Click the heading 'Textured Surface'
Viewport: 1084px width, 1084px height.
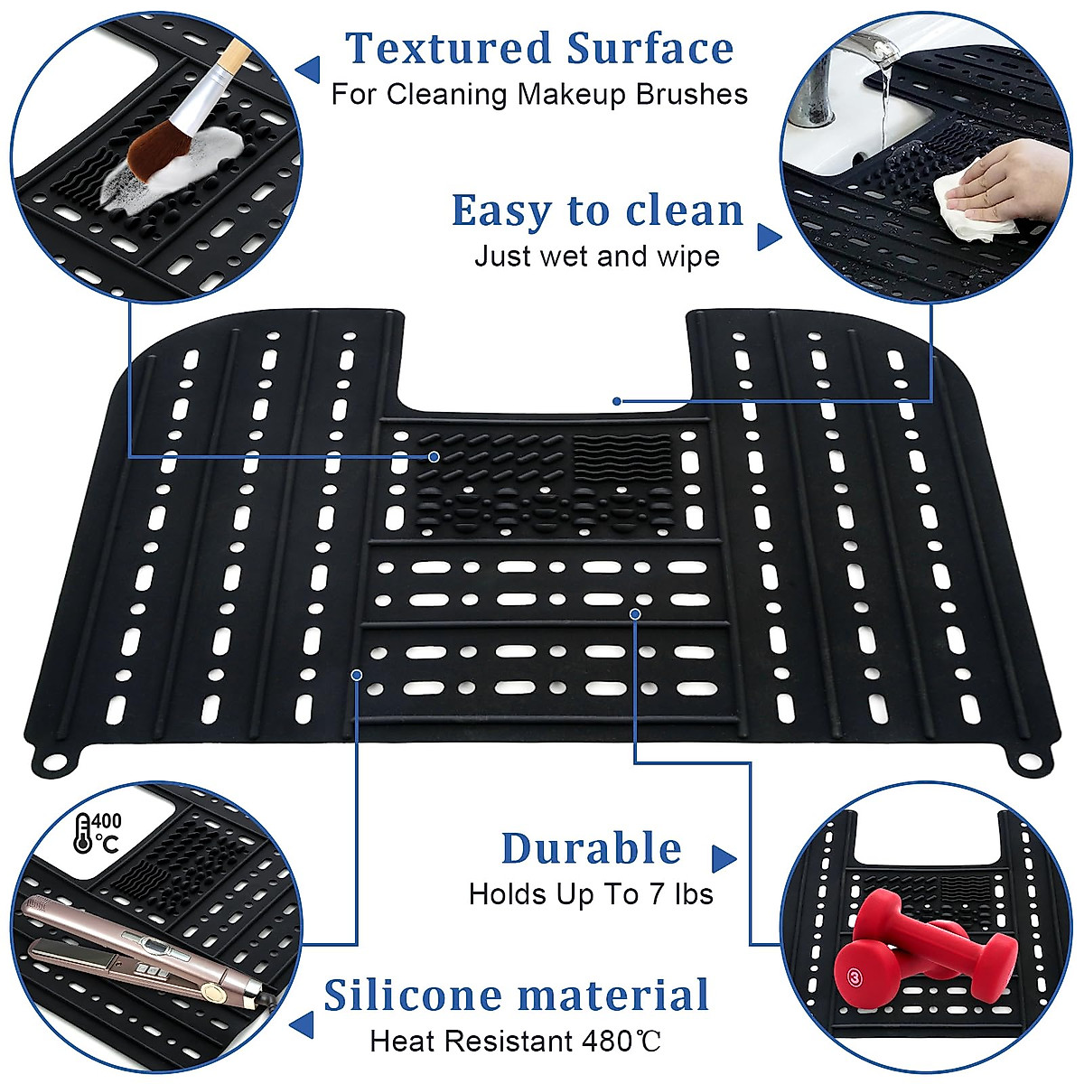coord(538,49)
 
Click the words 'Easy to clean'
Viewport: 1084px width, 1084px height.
coord(597,211)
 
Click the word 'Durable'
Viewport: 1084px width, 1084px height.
coord(592,849)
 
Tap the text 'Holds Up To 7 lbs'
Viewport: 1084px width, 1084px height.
coord(591,894)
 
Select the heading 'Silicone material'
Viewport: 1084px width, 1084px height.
coord(516,995)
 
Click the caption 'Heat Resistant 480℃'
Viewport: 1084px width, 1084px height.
coord(515,1042)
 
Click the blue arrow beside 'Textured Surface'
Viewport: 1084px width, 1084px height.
coord(308,68)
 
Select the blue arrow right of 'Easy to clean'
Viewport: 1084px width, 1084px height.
coord(768,237)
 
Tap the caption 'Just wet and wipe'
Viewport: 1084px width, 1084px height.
coord(596,257)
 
